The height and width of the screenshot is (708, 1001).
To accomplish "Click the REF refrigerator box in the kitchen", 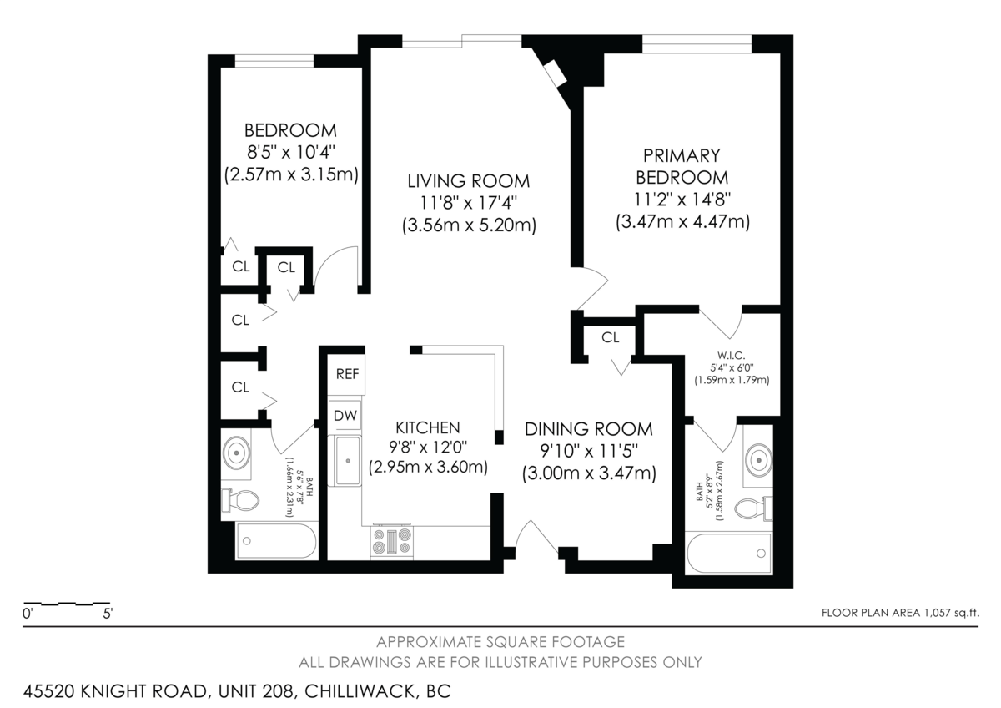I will (x=347, y=374).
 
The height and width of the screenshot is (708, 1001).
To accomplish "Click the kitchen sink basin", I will (x=347, y=460).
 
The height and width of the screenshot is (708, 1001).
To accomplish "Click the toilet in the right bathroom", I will (x=753, y=508).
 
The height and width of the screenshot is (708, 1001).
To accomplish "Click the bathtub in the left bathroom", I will (x=276, y=542).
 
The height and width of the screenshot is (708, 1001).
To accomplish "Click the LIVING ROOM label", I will (x=468, y=181).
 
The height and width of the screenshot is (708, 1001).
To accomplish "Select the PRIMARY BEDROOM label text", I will (x=682, y=166).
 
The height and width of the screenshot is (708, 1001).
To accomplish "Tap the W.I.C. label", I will (x=731, y=352).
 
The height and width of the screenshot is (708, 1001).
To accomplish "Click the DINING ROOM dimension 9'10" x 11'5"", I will (x=589, y=451).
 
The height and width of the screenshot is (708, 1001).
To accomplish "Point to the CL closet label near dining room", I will (x=611, y=337).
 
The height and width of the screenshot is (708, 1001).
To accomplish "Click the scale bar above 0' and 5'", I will (x=67, y=603).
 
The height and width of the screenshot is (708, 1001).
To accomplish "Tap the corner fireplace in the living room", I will (x=554, y=73).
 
